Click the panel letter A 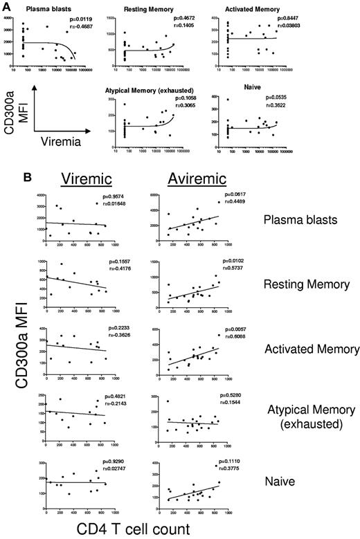click(x=6, y=5)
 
